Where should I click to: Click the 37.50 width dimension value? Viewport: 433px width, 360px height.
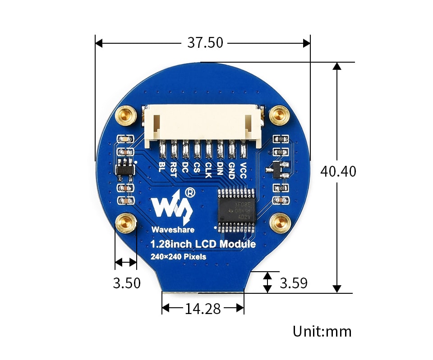tap(205, 43)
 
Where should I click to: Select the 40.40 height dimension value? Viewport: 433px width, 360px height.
tap(338, 171)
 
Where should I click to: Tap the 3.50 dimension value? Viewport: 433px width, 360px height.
tap(127, 283)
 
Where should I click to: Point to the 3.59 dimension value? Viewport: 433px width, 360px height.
tap(294, 283)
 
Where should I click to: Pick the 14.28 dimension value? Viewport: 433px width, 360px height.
tap(203, 309)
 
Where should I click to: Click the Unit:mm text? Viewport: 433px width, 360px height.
tap(322, 332)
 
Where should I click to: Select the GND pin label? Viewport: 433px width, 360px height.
tap(231, 170)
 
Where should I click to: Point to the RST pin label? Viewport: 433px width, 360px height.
tap(173, 169)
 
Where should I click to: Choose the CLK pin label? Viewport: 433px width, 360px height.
tap(208, 169)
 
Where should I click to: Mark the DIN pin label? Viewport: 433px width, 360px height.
tap(220, 169)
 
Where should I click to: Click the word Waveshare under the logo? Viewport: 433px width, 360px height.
tap(173, 229)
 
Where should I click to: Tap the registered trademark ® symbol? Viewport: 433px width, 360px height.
tap(190, 192)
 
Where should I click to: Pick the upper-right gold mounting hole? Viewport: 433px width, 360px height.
tap(279, 115)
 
